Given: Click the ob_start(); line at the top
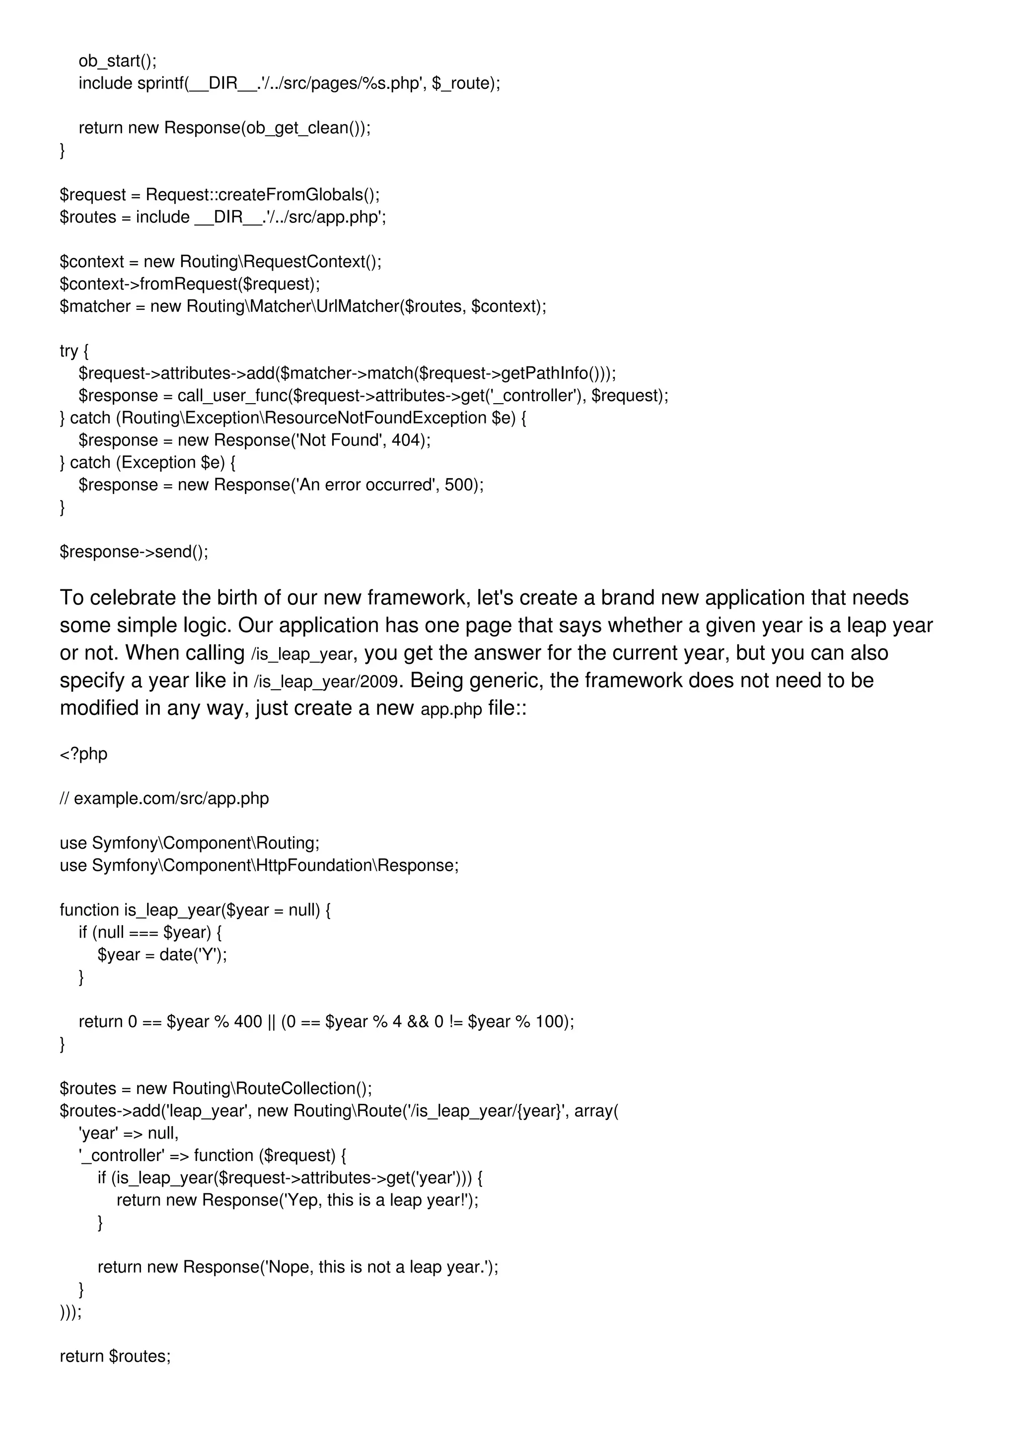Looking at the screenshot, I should coord(117,61).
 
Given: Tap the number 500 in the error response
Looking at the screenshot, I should coord(460,485).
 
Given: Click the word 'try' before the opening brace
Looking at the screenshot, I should coord(69,351).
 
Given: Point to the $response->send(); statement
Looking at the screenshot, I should coord(134,552).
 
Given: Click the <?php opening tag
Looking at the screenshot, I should coord(83,753).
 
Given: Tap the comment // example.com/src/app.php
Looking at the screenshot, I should coord(164,798).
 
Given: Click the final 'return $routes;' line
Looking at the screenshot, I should coord(115,1356).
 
